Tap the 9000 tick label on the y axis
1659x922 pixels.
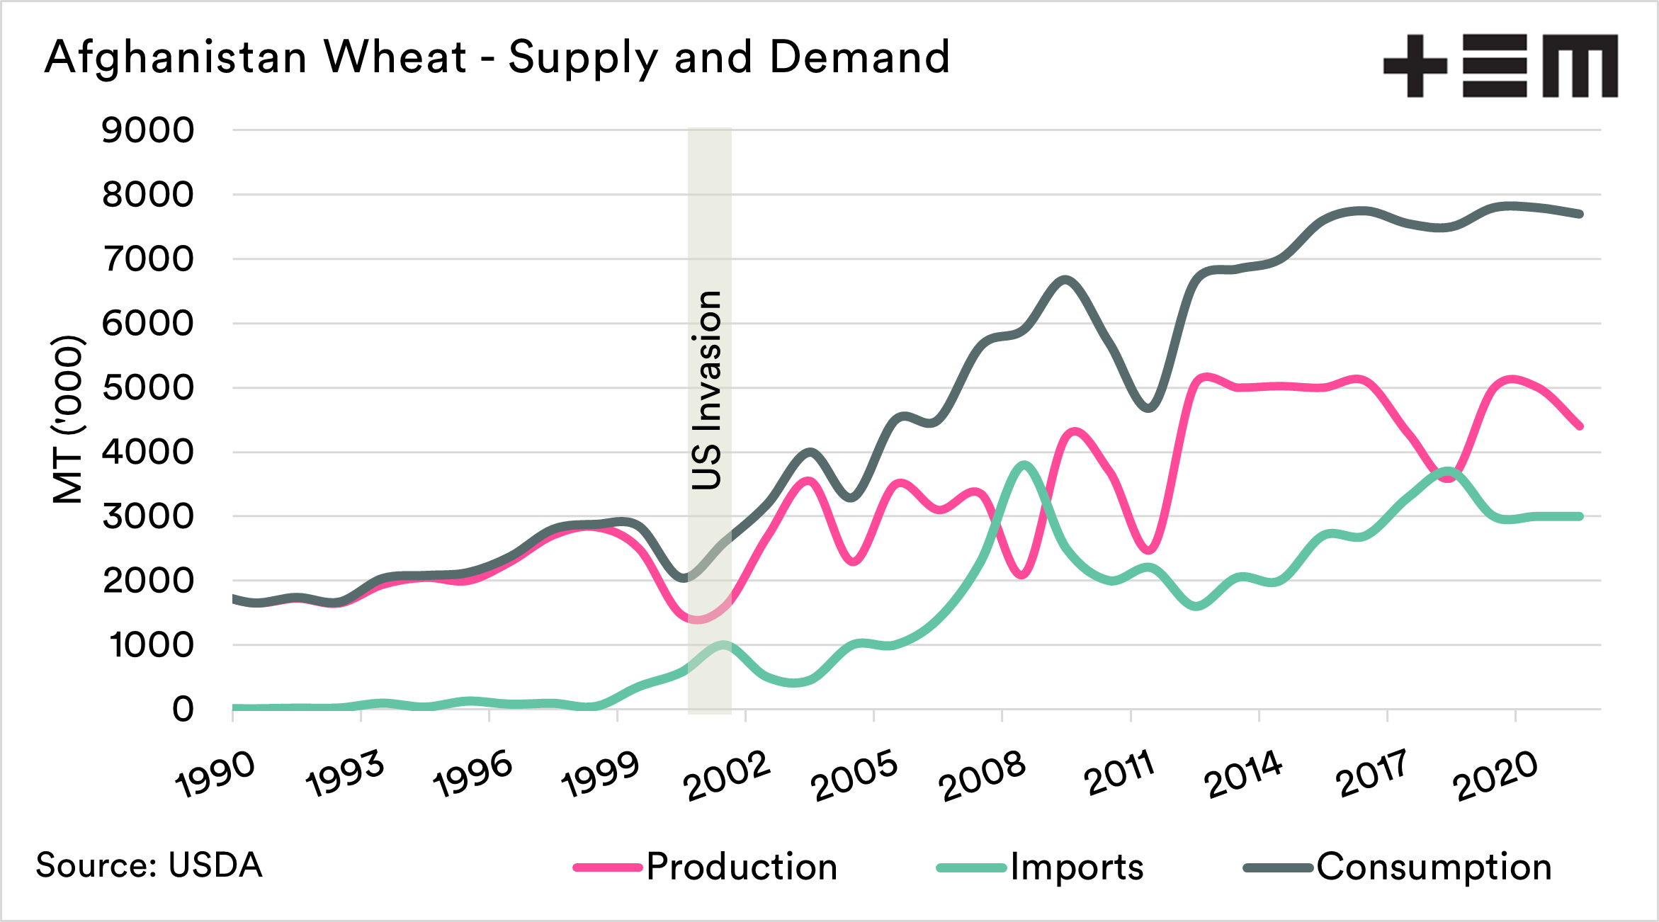point(147,130)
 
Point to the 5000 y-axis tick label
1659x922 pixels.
point(147,388)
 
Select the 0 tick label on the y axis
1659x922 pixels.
point(183,709)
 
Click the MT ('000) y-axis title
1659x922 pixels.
point(69,419)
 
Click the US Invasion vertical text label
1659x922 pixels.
point(708,389)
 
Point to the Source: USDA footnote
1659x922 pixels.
point(149,865)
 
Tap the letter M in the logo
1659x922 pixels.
point(1580,66)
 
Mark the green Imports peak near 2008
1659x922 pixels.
point(1024,465)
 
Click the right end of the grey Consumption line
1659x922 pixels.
point(1580,214)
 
